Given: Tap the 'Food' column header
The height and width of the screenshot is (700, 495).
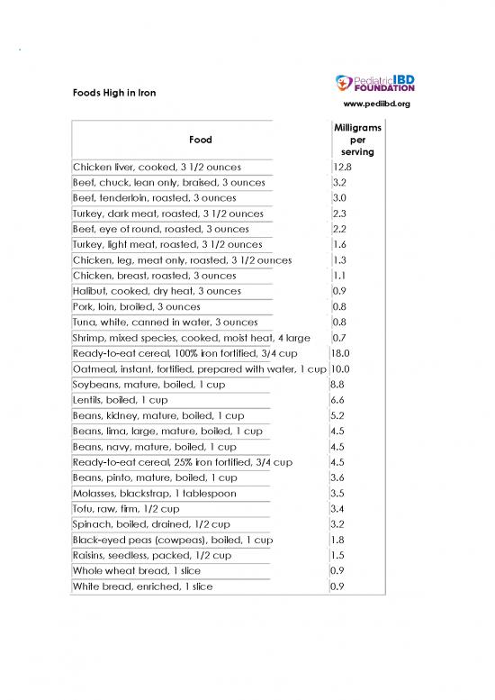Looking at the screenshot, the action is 200,141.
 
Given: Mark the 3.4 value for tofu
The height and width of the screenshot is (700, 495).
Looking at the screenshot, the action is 338,509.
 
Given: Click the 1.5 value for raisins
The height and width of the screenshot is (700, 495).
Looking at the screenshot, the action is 338,555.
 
